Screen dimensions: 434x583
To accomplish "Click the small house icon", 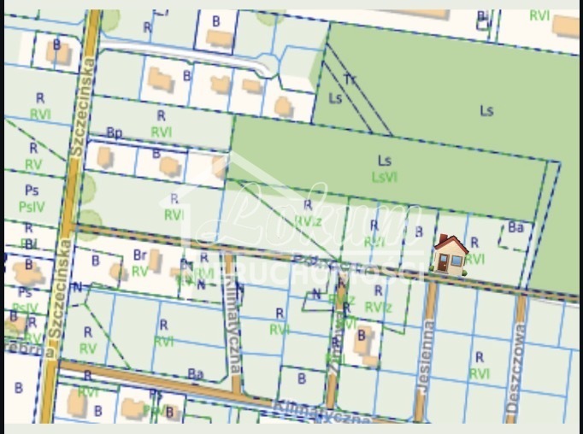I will tap(450, 255).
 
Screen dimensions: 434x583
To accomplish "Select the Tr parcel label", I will tap(350, 79).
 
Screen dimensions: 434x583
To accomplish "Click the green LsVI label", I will tap(385, 177).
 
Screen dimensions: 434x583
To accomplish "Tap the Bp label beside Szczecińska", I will tap(115, 132).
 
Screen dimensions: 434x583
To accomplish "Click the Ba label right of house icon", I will tap(515, 228).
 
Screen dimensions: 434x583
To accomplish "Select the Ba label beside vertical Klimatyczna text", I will tap(196, 373).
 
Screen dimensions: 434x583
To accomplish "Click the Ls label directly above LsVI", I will tap(385, 160).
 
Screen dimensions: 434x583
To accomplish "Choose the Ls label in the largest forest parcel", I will tap(486, 110).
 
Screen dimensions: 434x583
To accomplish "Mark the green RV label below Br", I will tap(139, 271).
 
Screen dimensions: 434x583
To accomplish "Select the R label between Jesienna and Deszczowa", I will tap(480, 357).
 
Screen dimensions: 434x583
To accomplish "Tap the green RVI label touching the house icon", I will tap(475, 259).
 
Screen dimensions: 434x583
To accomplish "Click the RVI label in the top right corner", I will tap(539, 15).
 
